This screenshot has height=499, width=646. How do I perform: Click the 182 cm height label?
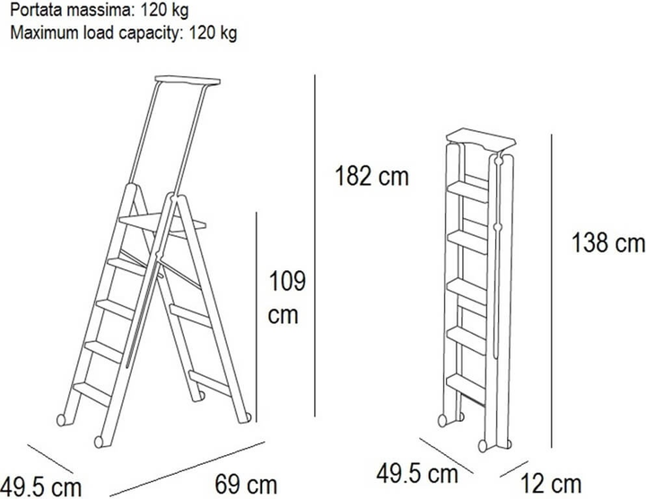371,177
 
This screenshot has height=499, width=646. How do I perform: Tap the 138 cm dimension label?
608,242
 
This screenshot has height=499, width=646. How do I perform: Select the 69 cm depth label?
246,484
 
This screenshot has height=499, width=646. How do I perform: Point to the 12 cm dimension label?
551,484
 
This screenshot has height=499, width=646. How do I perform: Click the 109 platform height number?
287,282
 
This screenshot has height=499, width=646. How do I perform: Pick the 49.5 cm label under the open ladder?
40,487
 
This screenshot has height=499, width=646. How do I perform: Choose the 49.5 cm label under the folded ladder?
417,474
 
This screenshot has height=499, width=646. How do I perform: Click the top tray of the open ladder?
188,81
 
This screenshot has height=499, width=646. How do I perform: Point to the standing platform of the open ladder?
161,223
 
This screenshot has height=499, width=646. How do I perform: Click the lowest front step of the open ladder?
92,393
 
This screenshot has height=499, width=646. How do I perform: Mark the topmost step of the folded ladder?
467,191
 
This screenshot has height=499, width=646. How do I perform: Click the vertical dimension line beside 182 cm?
315,246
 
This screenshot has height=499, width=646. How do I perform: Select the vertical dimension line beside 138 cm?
551,291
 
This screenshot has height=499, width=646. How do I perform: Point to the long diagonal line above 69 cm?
188,468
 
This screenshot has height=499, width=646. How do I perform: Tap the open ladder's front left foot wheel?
61,420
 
